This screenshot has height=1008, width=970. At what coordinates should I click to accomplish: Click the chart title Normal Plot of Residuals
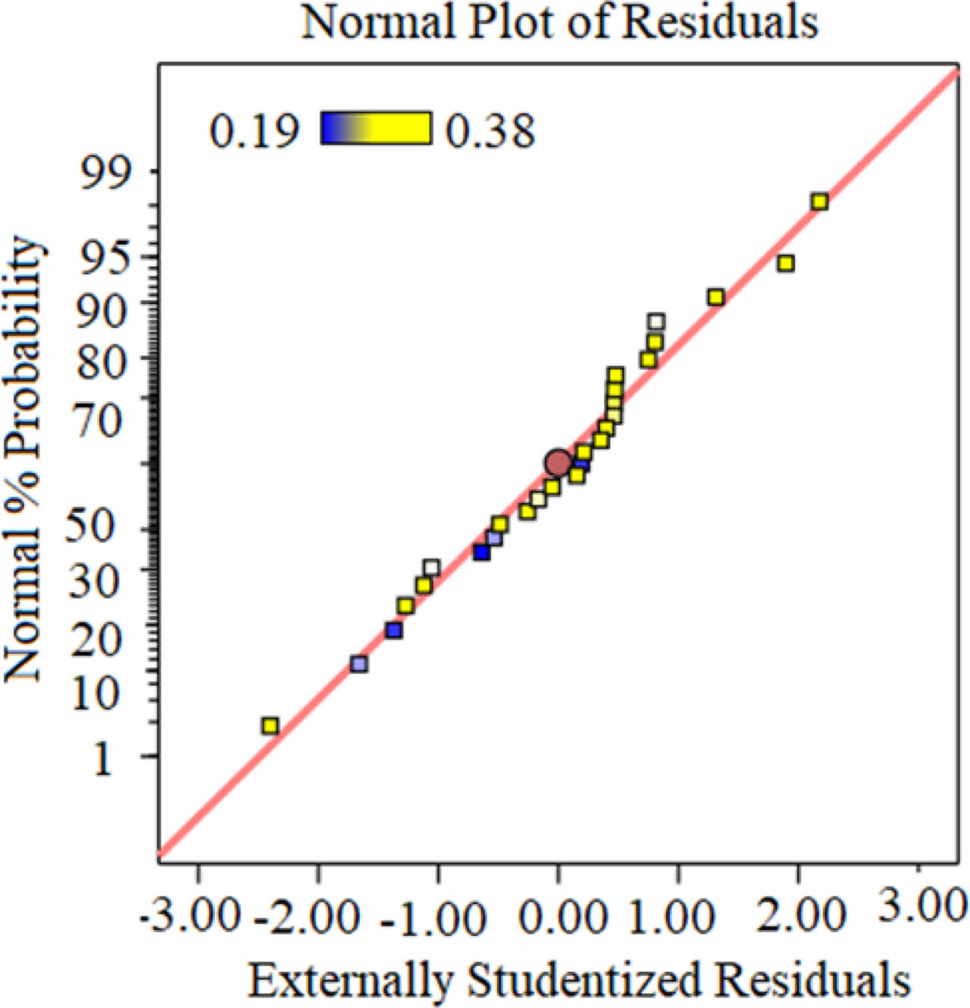560,23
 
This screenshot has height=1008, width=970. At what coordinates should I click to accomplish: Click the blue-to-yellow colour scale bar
376,128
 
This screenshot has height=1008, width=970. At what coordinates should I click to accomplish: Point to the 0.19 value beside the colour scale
255,130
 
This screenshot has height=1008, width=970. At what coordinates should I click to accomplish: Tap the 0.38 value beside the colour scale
490,130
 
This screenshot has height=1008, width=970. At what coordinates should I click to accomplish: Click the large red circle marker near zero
559,462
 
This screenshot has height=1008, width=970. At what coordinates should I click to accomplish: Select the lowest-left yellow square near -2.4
270,726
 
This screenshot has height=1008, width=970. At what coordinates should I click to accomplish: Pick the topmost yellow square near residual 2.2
819,202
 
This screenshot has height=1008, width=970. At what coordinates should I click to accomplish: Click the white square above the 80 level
656,322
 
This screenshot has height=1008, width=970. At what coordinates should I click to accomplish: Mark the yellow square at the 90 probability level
715,297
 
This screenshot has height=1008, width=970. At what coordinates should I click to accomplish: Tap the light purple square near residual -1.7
358,664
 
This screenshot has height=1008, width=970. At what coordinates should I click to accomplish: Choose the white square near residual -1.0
431,568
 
